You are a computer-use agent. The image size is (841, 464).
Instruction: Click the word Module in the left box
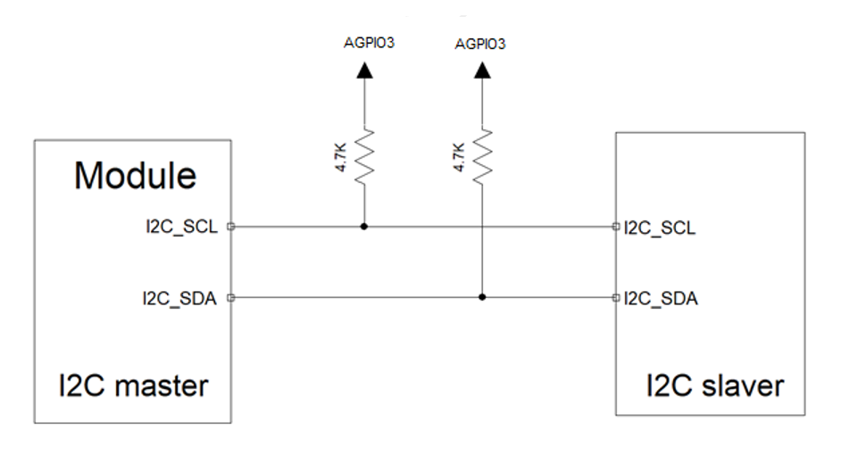coord(135,176)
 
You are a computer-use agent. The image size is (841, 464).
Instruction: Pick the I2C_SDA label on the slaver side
coord(660,297)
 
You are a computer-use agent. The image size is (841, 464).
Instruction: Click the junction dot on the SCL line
coord(363,227)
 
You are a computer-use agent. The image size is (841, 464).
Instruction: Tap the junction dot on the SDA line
coord(482,297)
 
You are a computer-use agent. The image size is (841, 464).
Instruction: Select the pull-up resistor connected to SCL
coord(363,156)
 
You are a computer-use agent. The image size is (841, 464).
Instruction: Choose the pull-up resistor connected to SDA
coord(482,156)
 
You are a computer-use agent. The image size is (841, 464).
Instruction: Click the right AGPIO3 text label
coord(480,42)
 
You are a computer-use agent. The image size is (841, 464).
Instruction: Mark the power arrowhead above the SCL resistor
coord(363,71)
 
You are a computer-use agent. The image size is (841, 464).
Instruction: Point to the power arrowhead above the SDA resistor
coord(482,71)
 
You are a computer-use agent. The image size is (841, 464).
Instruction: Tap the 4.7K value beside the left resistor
coord(344,157)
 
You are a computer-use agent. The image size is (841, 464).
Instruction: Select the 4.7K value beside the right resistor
coord(460,157)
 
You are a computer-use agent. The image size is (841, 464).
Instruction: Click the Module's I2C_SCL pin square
coord(231,227)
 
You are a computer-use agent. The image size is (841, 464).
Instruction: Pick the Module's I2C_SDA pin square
coord(231,297)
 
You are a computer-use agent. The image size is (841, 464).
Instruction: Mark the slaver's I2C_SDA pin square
coord(616,297)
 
